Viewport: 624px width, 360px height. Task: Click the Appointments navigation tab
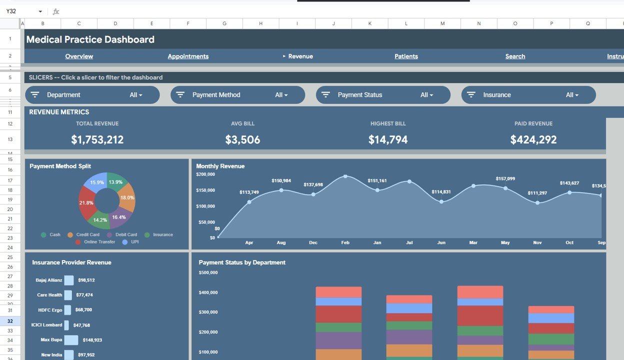[x=188, y=56]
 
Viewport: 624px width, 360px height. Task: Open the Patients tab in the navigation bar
[x=406, y=56]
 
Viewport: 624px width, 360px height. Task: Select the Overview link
[x=79, y=56]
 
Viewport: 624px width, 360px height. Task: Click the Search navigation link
[x=515, y=56]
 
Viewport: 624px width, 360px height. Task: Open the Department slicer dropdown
[x=92, y=95]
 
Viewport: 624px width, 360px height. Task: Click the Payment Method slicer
[x=237, y=95]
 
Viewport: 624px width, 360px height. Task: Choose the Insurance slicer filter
[x=528, y=95]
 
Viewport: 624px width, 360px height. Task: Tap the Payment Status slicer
[x=383, y=95]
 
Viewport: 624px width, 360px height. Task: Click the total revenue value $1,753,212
[x=97, y=140]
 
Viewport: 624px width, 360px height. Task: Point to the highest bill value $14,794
[x=388, y=140]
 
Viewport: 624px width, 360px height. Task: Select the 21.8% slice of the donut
[x=86, y=203]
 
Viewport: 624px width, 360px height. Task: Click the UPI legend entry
[x=131, y=242]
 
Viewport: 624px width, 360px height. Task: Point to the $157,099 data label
[x=505, y=178]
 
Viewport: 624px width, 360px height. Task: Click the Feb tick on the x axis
[x=345, y=242]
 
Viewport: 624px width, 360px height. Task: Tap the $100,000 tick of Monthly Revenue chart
[x=205, y=206]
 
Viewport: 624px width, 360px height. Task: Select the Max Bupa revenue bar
[x=71, y=340]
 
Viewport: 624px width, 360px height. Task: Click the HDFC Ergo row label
[x=50, y=310]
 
